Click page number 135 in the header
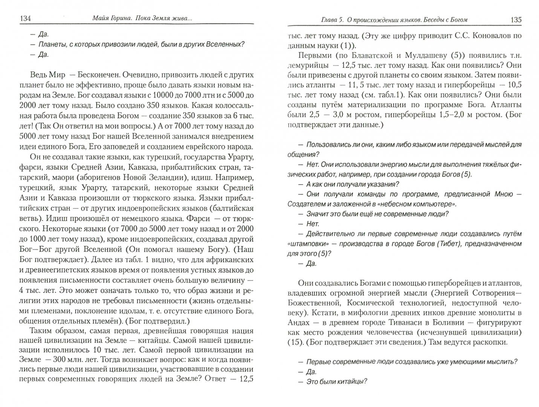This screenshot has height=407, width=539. click(x=516, y=19)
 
